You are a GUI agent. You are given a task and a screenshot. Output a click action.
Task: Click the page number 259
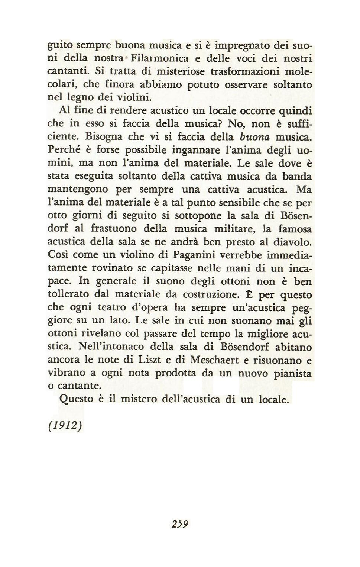pos(180,524)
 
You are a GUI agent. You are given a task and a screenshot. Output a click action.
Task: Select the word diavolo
pos(293,242)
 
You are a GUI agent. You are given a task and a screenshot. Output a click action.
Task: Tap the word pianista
pos(292,373)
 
